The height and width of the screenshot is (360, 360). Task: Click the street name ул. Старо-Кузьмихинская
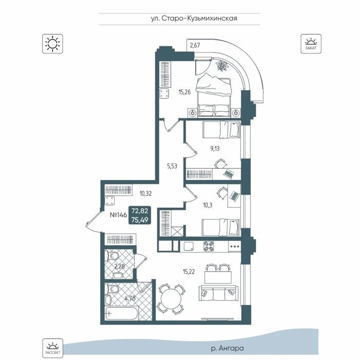click(x=194, y=19)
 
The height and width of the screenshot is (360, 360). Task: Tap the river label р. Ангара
click(x=227, y=348)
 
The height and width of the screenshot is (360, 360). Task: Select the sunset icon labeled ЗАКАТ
click(x=311, y=44)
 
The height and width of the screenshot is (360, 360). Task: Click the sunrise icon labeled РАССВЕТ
click(x=52, y=348)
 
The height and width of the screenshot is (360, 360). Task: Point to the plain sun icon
click(x=52, y=44)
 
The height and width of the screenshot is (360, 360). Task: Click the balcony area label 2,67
click(x=195, y=45)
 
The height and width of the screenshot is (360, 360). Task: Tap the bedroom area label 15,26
click(x=185, y=92)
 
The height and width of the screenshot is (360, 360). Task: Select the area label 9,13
click(x=215, y=149)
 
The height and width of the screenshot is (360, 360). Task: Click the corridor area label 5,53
click(x=172, y=166)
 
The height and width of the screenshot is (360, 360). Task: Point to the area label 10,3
click(x=208, y=205)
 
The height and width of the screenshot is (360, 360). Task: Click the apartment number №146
click(x=118, y=215)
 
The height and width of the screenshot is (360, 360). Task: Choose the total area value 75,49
click(x=140, y=220)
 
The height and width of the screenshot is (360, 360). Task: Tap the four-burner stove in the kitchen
click(x=208, y=246)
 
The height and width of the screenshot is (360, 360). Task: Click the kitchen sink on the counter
click(x=188, y=246)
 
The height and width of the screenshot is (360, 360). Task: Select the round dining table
click(x=172, y=299)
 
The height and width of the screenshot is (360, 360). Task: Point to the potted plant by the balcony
click(x=222, y=65)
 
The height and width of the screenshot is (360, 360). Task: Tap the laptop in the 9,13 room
click(x=228, y=173)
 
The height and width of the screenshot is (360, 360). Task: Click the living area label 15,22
click(x=189, y=272)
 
